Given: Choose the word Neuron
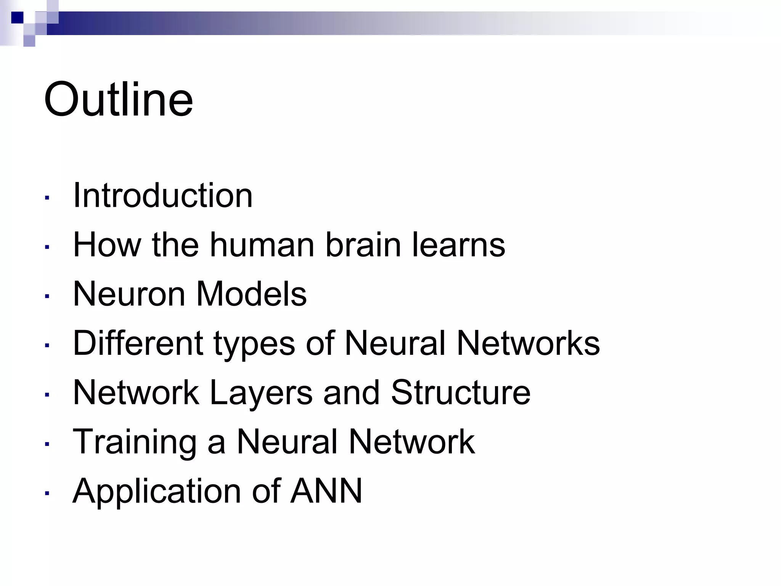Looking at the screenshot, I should click(x=129, y=294).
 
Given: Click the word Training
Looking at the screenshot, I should click(x=135, y=443).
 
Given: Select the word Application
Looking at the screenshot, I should click(x=157, y=491).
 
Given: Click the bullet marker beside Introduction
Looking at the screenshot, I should click(x=47, y=198).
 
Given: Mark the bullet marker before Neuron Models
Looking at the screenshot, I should click(x=47, y=296).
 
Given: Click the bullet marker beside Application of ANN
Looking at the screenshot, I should click(x=47, y=493).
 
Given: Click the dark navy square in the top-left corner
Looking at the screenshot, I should click(x=17, y=18).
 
